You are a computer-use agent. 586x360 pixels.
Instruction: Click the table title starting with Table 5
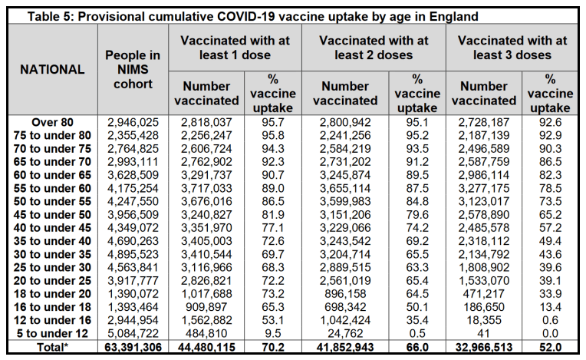pos(252,17)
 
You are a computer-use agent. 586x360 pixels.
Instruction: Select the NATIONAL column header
pos(52,70)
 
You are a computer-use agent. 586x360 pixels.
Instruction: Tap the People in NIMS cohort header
pos(133,70)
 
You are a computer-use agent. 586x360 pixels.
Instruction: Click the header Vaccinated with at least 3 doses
pos(512,48)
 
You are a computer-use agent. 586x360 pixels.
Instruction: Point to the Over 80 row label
pos(52,122)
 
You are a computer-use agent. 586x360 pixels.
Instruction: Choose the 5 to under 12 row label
pos(52,333)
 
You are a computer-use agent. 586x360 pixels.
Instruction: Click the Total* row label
pos(52,347)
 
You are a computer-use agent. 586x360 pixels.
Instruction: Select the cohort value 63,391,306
pos(133,347)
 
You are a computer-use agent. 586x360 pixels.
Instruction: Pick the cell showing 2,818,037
pos(206,122)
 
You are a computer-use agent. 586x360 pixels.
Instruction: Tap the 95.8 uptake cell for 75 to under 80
pos(273,135)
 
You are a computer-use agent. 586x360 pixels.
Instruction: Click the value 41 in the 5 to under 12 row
pos(483,333)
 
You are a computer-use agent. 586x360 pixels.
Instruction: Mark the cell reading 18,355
pos(483,320)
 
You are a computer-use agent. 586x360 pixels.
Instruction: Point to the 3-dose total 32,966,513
pos(483,347)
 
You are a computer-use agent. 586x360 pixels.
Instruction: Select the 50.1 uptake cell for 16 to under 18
pos(417,307)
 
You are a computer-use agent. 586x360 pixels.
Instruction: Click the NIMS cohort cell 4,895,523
pos(133,254)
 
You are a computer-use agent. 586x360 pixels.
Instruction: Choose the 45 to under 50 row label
pos(52,215)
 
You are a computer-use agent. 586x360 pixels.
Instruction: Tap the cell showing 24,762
pos(345,333)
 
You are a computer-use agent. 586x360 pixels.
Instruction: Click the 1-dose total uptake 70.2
pos(273,347)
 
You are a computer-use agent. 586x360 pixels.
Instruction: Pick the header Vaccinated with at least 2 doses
pos(374,48)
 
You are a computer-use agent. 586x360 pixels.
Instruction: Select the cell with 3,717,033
pos(206,188)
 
